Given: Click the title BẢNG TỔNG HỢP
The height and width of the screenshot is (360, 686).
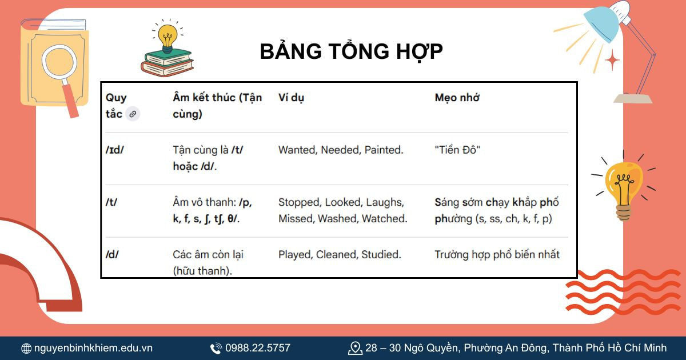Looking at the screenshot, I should pos(351,51).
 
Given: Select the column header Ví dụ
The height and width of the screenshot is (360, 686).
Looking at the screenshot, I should pos(291,98).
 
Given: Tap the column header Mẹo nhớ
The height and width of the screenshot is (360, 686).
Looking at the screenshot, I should pos(457,98).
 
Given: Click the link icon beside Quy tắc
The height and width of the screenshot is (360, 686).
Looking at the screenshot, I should pos(133,114).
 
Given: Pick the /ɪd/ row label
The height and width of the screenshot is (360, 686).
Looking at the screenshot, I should pos(115,150).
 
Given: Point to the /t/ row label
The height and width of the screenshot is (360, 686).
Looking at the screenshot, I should pos(111,202).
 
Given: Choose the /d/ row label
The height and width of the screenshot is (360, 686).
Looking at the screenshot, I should pos(112,255).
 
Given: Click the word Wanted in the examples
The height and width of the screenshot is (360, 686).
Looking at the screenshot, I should pos(297,150).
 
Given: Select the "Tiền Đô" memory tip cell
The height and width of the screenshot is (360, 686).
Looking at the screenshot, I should pos(457,150).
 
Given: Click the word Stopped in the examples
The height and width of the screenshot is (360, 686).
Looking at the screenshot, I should pos(299,202).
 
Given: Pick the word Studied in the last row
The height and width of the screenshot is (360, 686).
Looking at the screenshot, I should pos(381,255).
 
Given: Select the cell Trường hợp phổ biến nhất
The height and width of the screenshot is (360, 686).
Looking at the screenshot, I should pos(497,255).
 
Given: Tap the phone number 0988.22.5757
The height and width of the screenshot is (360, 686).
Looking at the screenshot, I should pos(257,347).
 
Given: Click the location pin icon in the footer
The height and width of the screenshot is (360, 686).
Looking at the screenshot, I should pos(355,347).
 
